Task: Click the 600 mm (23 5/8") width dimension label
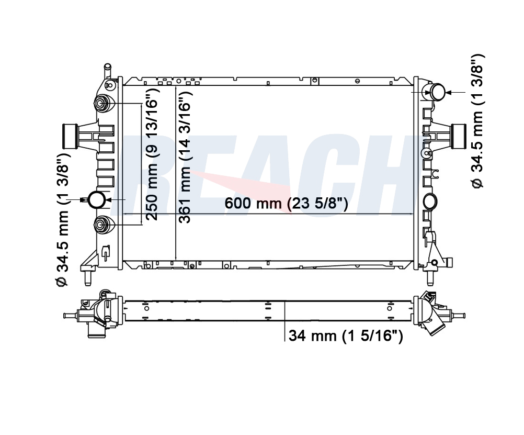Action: tap(286, 203)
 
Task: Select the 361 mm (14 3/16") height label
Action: tap(185, 157)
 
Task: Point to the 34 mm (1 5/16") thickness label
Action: tap(346, 336)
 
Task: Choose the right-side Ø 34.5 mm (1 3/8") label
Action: tap(477, 121)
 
